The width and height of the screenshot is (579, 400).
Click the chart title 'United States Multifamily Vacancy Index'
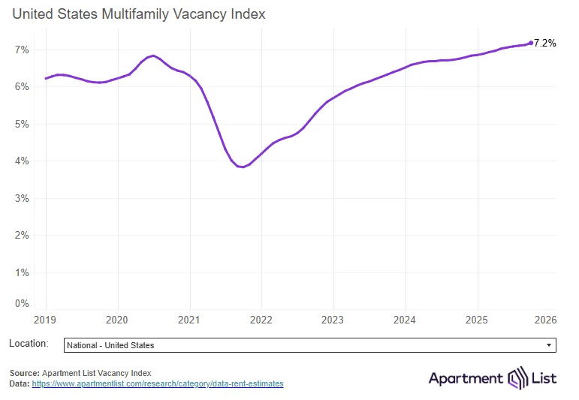[x=138, y=14]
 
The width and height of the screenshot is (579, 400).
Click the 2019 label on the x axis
[x=46, y=320]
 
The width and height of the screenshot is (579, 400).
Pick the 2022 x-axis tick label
[x=261, y=320]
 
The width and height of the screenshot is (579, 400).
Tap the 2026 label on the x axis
[x=546, y=320]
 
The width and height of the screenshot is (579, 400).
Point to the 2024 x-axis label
[x=405, y=320]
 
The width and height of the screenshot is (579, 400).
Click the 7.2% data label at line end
[x=544, y=44]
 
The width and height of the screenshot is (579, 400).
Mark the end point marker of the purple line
[x=531, y=43]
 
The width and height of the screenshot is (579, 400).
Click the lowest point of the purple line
[x=242, y=167]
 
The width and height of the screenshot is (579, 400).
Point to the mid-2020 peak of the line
[x=153, y=56]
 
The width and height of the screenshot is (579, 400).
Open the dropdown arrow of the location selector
[x=549, y=345]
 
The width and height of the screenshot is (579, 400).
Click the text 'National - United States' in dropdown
[x=110, y=345]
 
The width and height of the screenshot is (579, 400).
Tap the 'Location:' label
[x=29, y=344]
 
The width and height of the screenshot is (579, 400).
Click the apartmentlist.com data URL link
[x=158, y=383]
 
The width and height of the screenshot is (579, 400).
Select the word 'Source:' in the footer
[x=25, y=373]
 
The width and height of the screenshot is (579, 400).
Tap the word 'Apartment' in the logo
[x=466, y=378]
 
